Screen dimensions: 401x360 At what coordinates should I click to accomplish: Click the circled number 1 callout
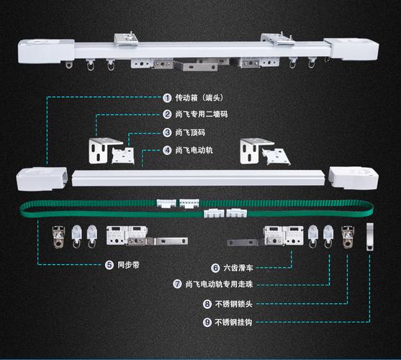point(167,98)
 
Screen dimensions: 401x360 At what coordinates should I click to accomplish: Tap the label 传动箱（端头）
point(199,98)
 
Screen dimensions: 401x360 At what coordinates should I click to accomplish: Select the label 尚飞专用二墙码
point(202,114)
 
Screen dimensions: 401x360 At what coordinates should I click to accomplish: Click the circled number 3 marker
point(167,132)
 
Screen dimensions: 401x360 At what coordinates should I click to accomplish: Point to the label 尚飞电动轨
point(194,150)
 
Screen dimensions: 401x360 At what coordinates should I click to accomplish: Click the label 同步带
point(128,265)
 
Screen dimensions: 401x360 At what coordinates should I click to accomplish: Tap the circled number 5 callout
point(109,265)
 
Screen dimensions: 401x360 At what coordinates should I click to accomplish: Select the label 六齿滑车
point(238,268)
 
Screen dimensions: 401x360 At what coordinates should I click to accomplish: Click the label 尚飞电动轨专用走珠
point(219,284)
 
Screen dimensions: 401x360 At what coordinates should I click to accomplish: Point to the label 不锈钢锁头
point(234,304)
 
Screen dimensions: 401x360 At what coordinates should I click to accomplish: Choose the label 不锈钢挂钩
point(233,322)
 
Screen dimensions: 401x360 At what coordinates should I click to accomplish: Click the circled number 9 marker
point(207,322)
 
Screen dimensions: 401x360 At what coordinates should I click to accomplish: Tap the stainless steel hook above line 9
point(370,237)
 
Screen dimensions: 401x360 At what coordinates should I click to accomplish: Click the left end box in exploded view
point(42,179)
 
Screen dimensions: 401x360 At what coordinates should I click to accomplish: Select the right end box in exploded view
point(353,178)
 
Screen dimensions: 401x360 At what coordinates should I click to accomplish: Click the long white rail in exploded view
point(198,178)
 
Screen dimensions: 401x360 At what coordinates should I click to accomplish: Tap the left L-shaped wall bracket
point(102,150)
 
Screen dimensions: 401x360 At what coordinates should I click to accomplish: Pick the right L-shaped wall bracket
point(254,151)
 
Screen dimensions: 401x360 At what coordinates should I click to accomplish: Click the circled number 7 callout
point(177,284)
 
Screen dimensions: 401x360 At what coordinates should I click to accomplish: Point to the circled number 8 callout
point(207,304)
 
